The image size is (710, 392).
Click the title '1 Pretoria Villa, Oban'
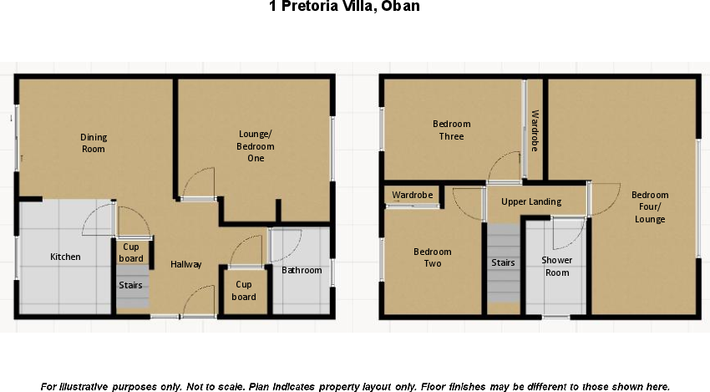point(344,8)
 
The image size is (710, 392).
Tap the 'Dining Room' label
point(94,143)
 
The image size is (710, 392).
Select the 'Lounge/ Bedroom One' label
point(256,145)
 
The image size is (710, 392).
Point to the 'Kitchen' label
point(65,257)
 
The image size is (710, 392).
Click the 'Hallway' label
point(186,264)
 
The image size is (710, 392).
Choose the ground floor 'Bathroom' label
point(302,270)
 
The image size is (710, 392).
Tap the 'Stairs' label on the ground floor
point(130,285)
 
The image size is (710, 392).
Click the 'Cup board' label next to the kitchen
point(131,252)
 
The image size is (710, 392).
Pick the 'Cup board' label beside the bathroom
point(244,291)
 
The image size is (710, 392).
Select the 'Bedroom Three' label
point(451,130)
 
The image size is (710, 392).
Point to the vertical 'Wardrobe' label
point(535,130)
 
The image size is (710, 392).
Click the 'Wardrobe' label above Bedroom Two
point(413,195)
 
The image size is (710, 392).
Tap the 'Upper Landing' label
point(531,201)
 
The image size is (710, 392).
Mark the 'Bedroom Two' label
point(433,257)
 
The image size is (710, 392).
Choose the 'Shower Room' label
point(557,266)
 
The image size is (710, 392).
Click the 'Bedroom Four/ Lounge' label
point(650,207)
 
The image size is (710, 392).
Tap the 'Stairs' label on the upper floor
point(503,262)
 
